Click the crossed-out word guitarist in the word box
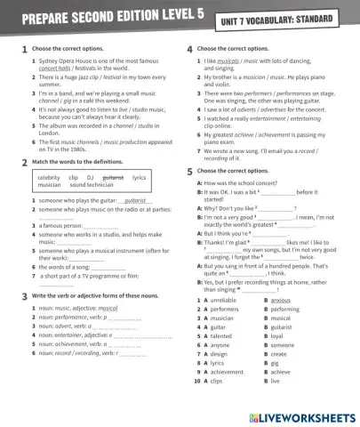[x=114, y=177]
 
